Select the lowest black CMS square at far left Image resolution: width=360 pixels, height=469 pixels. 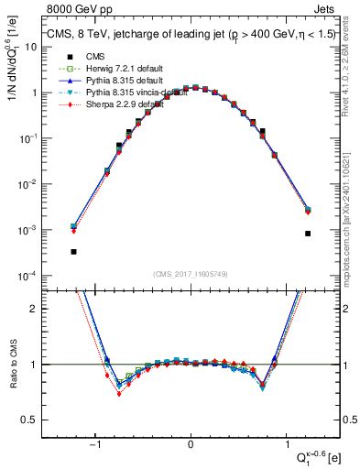pyautogui.click(x=73, y=251)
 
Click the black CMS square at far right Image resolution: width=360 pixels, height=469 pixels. pyautogui.click(x=308, y=234)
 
